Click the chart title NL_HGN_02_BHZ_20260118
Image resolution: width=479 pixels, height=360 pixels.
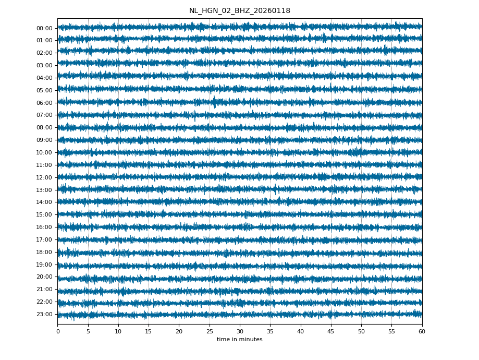coord(239,11)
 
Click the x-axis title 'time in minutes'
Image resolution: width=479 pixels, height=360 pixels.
coord(239,340)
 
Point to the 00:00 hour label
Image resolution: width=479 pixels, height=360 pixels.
coord(44,28)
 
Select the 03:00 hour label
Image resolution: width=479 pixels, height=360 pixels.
coord(44,65)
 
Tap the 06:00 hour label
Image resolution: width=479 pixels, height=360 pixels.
coord(44,103)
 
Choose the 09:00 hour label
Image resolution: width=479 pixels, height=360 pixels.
coord(44,140)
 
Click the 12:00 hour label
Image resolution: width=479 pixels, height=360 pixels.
coord(44,177)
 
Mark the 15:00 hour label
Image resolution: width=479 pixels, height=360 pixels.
coord(44,214)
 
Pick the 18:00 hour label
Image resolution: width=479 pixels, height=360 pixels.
coord(44,252)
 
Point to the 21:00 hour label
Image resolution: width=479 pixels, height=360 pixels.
coord(44,289)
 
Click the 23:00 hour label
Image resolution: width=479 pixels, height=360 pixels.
coord(44,314)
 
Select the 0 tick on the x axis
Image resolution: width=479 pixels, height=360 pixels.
coord(58,331)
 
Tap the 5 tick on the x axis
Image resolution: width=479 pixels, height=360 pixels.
coord(88,331)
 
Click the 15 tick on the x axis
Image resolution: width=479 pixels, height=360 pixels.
coord(149,331)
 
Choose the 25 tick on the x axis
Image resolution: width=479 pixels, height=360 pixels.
coord(210,331)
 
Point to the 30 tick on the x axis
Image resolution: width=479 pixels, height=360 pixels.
coord(240,331)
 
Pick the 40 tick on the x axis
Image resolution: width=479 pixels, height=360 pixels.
coord(301,331)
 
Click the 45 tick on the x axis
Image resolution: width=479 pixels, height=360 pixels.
coord(331,331)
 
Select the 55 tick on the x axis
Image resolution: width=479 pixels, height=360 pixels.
coord(391,331)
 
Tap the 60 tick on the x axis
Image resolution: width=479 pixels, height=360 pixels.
coord(422,331)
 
